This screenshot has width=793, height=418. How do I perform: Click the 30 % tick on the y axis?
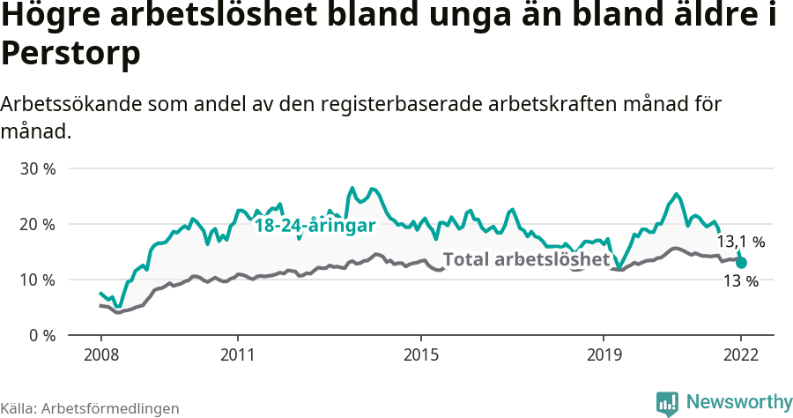[x=39, y=168]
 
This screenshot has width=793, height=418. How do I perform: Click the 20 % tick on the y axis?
[x=39, y=224]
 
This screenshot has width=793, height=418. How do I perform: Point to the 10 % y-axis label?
[x=39, y=280]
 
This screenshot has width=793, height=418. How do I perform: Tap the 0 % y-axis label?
[x=42, y=336]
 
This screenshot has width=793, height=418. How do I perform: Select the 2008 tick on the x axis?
[x=100, y=355]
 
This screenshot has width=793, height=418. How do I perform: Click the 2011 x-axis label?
[x=238, y=355]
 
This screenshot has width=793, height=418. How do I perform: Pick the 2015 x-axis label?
[x=421, y=355]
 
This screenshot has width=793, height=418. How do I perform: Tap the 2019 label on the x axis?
[x=604, y=355]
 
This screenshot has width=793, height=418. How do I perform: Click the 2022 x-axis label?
[x=741, y=355]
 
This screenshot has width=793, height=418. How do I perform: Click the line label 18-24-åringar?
[x=315, y=226]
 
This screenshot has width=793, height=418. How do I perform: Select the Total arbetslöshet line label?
[x=526, y=259]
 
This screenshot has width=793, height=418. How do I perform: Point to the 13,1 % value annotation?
[x=740, y=241]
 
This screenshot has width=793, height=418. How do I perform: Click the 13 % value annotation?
[x=740, y=281]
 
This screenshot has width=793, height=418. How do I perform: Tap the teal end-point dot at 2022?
[x=741, y=263]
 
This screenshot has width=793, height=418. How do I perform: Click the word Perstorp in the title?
[x=70, y=53]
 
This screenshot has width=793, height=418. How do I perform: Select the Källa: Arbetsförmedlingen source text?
[x=90, y=408]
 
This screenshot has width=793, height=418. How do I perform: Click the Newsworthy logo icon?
[x=667, y=402]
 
